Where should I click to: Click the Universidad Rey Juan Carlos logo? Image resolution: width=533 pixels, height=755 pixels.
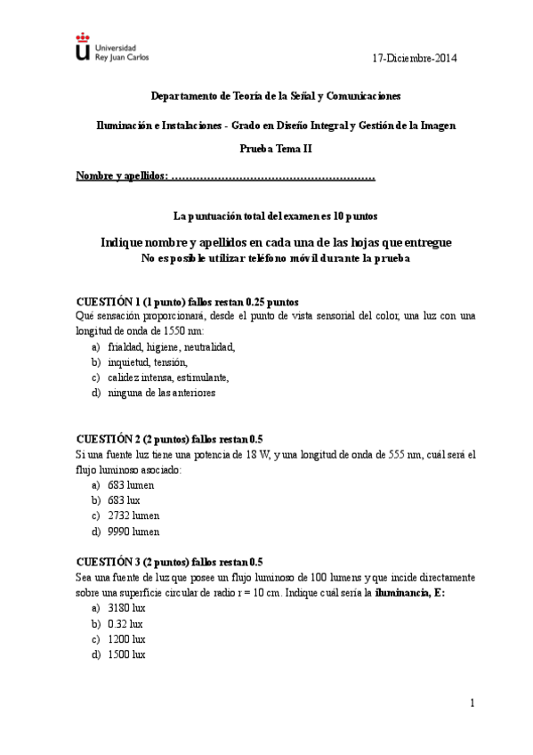tap(112, 48)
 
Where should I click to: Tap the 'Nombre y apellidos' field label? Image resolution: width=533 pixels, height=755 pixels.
tap(122, 176)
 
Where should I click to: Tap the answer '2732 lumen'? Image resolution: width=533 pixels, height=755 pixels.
tap(133, 516)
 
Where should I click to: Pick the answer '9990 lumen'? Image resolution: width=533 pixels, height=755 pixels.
tap(133, 532)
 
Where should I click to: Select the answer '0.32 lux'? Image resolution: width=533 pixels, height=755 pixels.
tap(125, 623)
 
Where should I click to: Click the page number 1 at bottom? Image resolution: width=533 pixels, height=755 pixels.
tap(472, 703)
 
